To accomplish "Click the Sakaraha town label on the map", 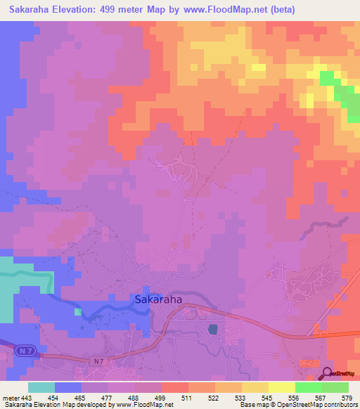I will (x=158, y=299).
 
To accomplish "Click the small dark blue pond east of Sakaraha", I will (x=213, y=329).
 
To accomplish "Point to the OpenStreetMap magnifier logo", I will (x=328, y=375).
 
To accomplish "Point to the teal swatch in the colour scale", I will (x=41, y=387).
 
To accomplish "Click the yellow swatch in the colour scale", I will (x=281, y=387).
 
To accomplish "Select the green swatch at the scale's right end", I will (x=335, y=387).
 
